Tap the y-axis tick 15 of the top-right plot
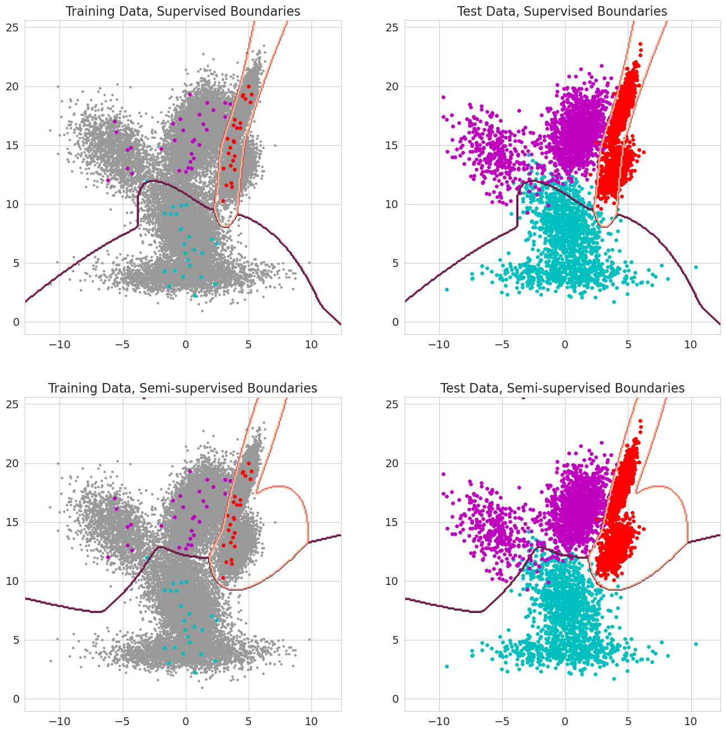tap(393, 145)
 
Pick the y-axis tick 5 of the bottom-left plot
tap(16, 640)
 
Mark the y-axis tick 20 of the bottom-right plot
tap(393, 463)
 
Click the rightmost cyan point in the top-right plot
tap(696, 267)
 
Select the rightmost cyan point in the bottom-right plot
tap(696, 644)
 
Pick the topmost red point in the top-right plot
tap(640, 44)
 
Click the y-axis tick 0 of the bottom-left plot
tap(16, 699)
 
